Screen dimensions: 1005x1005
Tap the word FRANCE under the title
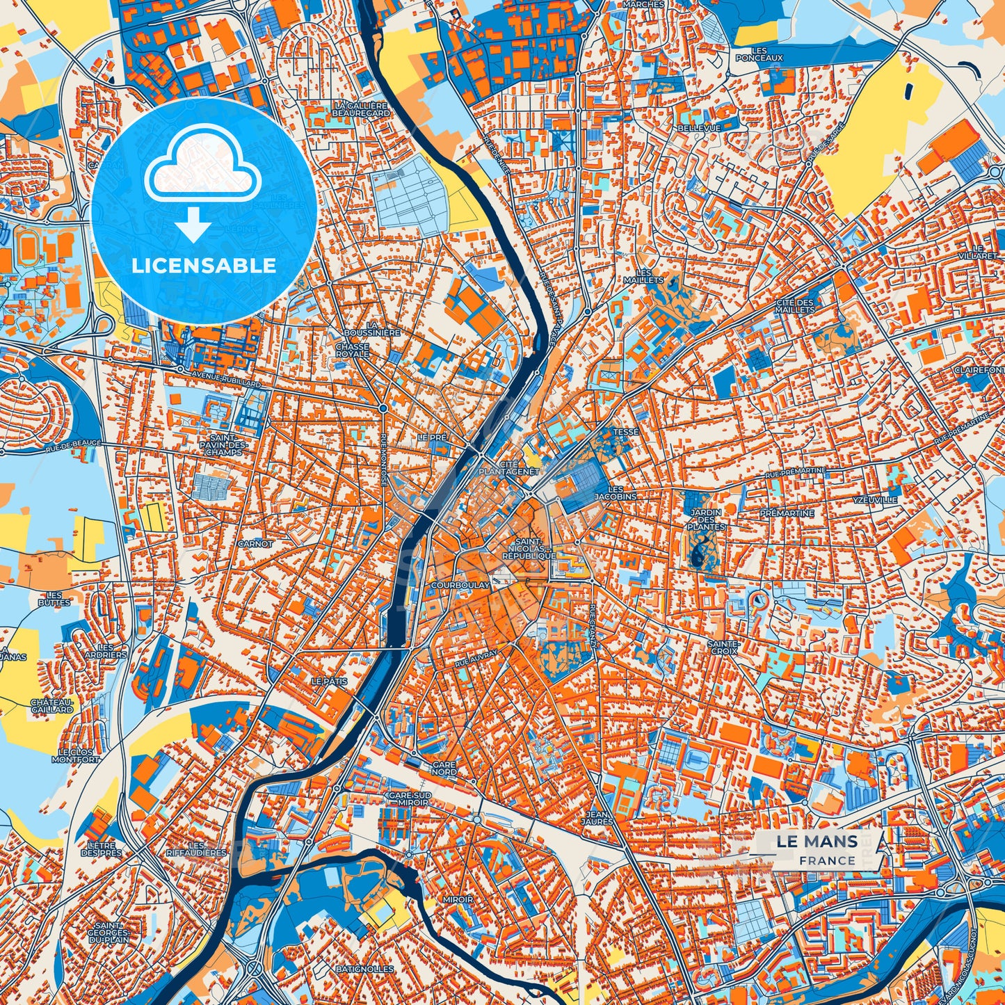827,860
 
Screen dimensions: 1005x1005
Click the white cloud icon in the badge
202,169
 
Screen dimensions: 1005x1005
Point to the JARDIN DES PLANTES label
705,520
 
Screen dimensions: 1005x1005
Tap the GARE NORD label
444,768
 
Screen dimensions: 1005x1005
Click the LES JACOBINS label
616,493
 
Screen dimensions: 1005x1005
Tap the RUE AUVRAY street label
476,659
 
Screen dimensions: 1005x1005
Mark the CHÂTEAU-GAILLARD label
51,706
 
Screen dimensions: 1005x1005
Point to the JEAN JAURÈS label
600,817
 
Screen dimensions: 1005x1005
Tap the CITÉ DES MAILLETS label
795,305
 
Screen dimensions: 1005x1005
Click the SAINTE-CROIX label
723,648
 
